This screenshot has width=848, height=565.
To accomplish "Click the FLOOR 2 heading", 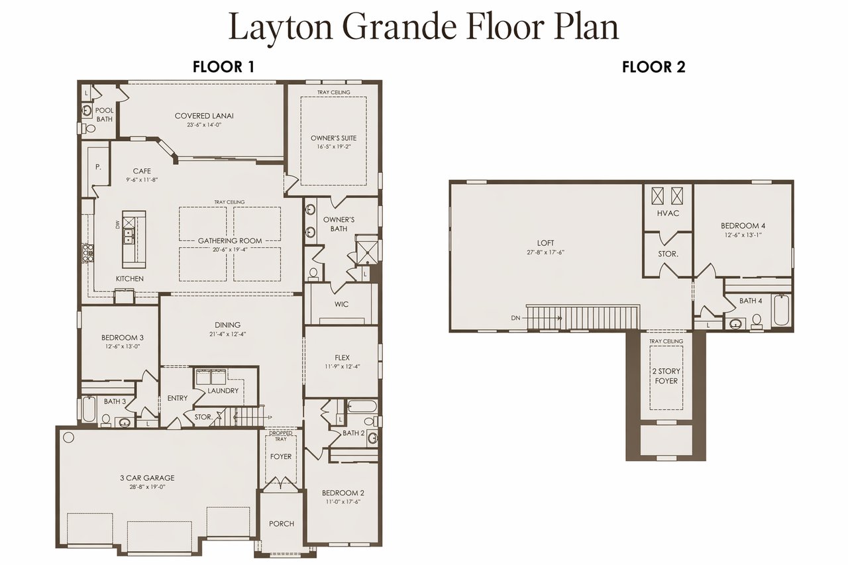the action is [654, 67].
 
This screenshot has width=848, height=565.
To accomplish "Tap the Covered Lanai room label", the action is [204, 116].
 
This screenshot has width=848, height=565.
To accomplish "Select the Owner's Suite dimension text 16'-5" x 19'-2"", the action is [334, 146].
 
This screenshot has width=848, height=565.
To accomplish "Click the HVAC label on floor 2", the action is [668, 213].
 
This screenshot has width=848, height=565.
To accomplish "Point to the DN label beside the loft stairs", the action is [515, 318].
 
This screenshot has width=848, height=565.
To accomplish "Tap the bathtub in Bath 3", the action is [89, 409].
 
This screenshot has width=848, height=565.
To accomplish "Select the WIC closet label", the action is [341, 304].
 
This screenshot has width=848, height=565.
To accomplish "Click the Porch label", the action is [282, 524].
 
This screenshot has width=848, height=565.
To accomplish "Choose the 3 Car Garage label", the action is [147, 478].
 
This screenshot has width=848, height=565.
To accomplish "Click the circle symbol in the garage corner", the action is [68, 437].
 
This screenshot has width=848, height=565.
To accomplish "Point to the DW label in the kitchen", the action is [117, 225].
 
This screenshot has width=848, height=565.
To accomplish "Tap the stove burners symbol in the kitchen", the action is [88, 253].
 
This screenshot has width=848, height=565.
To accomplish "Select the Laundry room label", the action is [223, 391].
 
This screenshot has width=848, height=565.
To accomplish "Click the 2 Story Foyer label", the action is [666, 376].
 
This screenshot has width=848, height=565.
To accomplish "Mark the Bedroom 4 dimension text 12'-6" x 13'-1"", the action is [743, 234].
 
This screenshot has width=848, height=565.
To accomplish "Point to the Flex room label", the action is [343, 358].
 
